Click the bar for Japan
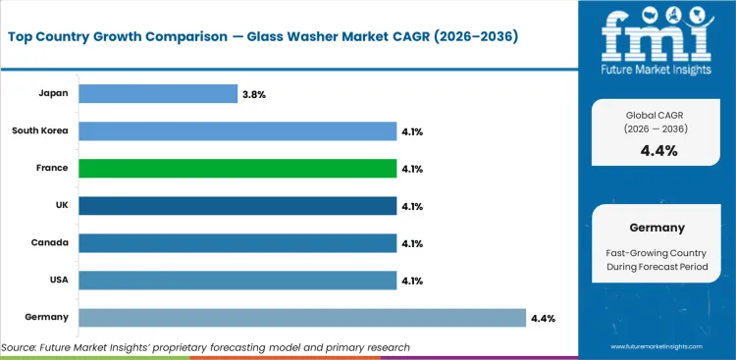[157, 94]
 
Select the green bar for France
[237, 169]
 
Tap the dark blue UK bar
[237, 206]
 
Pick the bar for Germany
[301, 318]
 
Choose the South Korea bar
[237, 131]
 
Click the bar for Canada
[237, 243]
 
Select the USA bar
[237, 281]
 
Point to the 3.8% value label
[254, 94]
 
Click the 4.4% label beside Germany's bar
[544, 318]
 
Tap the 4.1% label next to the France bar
[413, 169]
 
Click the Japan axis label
[53, 94]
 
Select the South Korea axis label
[40, 131]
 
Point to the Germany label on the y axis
[46, 318]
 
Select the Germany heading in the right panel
[656, 228]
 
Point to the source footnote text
[205, 347]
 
